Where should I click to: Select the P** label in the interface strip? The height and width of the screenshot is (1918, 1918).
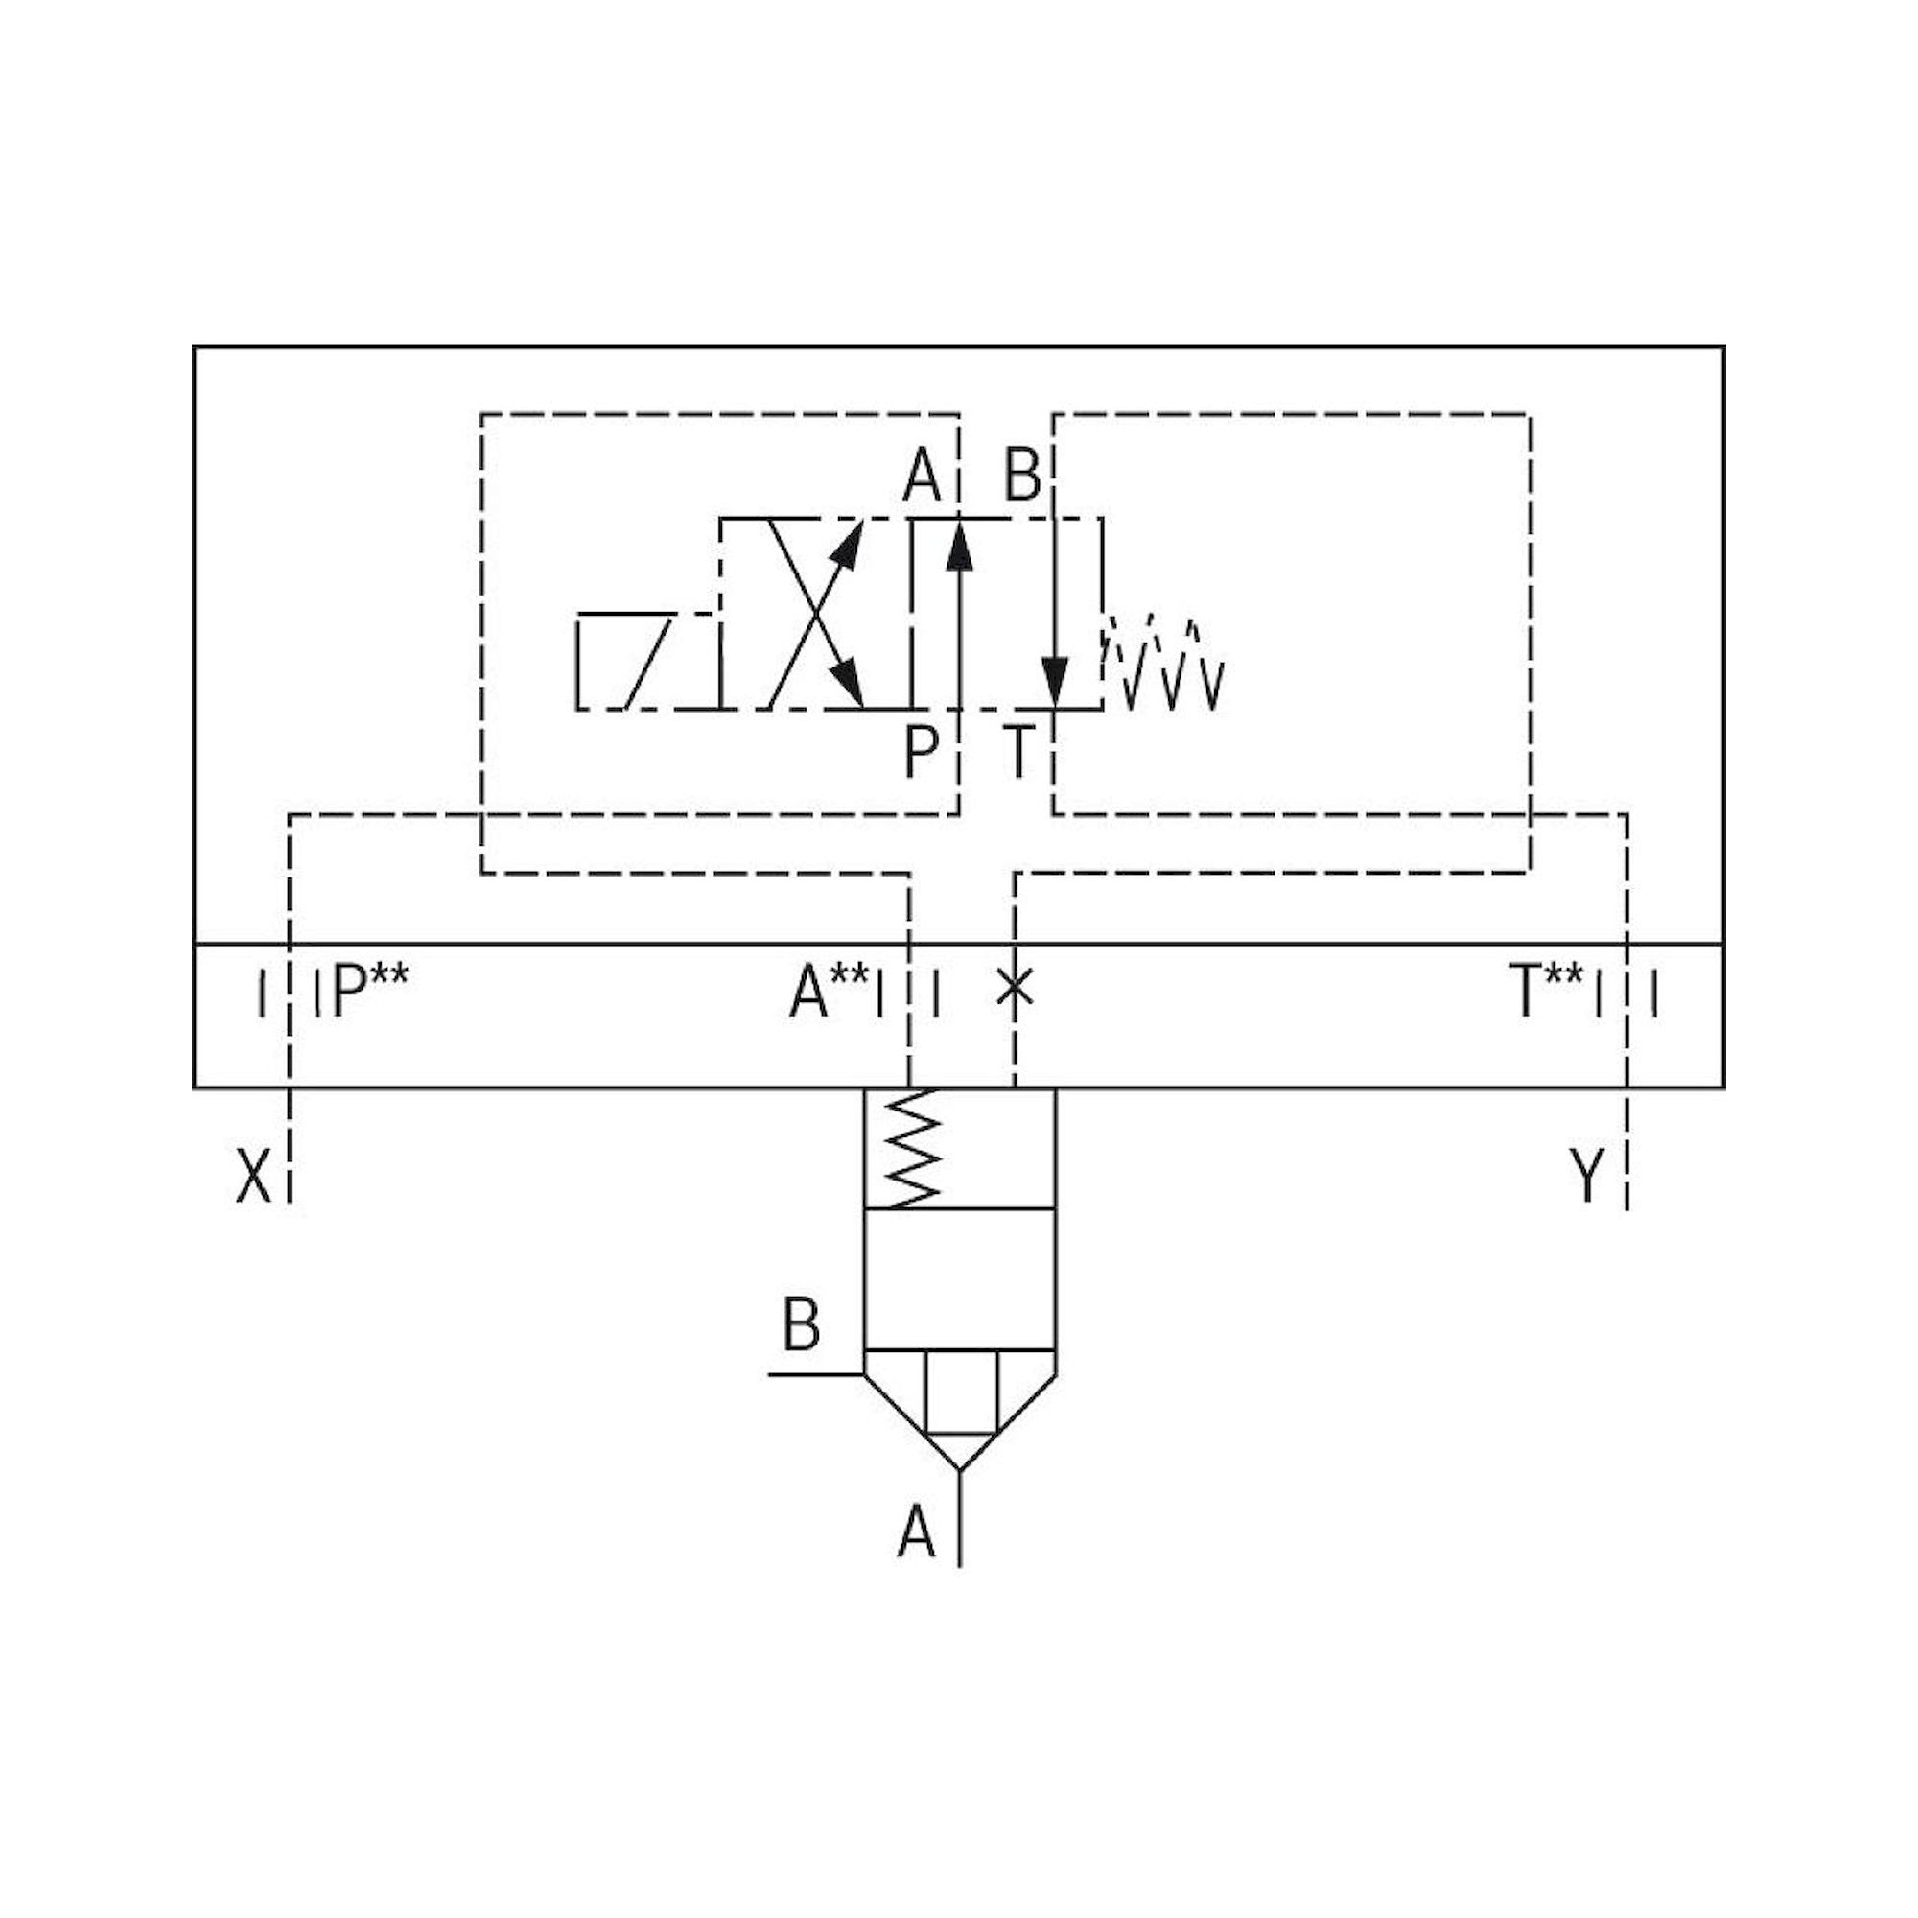click(x=369, y=992)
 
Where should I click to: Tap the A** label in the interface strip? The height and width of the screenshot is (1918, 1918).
click(x=829, y=994)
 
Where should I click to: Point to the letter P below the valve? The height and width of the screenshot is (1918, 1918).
click(x=921, y=752)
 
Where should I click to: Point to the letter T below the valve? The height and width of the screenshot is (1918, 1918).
click(x=1019, y=752)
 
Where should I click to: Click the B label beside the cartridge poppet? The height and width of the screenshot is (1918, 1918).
click(x=802, y=1325)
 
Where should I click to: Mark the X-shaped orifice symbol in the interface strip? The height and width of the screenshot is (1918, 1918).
click(x=1015, y=989)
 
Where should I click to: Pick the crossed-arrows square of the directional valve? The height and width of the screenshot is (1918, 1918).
click(x=816, y=614)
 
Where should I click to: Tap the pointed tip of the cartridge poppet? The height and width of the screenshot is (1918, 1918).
click(x=960, y=1467)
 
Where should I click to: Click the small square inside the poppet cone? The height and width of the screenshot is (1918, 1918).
click(x=960, y=1392)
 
